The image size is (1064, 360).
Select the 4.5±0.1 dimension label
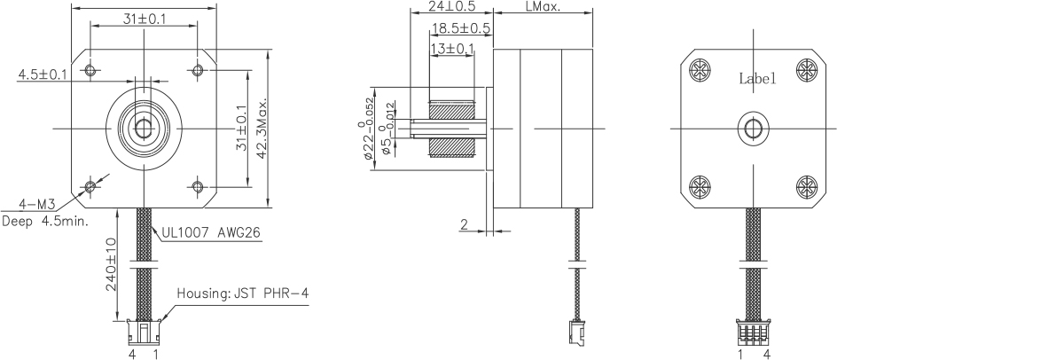click(x=43, y=74)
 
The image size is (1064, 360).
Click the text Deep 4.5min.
click(x=45, y=222)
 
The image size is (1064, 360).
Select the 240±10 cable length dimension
click(x=112, y=267)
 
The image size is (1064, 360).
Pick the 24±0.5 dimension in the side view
click(x=451, y=5)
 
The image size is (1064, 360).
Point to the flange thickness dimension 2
click(x=464, y=224)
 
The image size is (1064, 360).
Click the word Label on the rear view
click(x=757, y=78)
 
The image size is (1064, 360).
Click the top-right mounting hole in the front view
click(x=197, y=69)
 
